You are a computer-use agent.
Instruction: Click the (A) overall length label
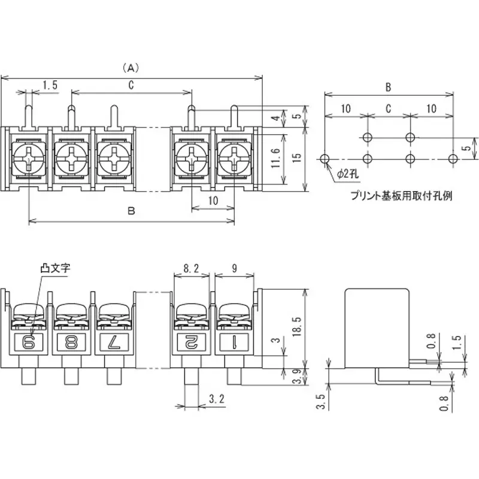(x=131, y=67)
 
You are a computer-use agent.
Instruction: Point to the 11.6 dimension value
(x=275, y=160)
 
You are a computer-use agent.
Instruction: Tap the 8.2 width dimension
(x=192, y=269)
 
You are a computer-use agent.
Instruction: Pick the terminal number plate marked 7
(x=113, y=342)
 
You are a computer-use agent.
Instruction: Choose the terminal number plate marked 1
(x=232, y=342)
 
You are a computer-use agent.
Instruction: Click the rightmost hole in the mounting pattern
(x=453, y=159)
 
